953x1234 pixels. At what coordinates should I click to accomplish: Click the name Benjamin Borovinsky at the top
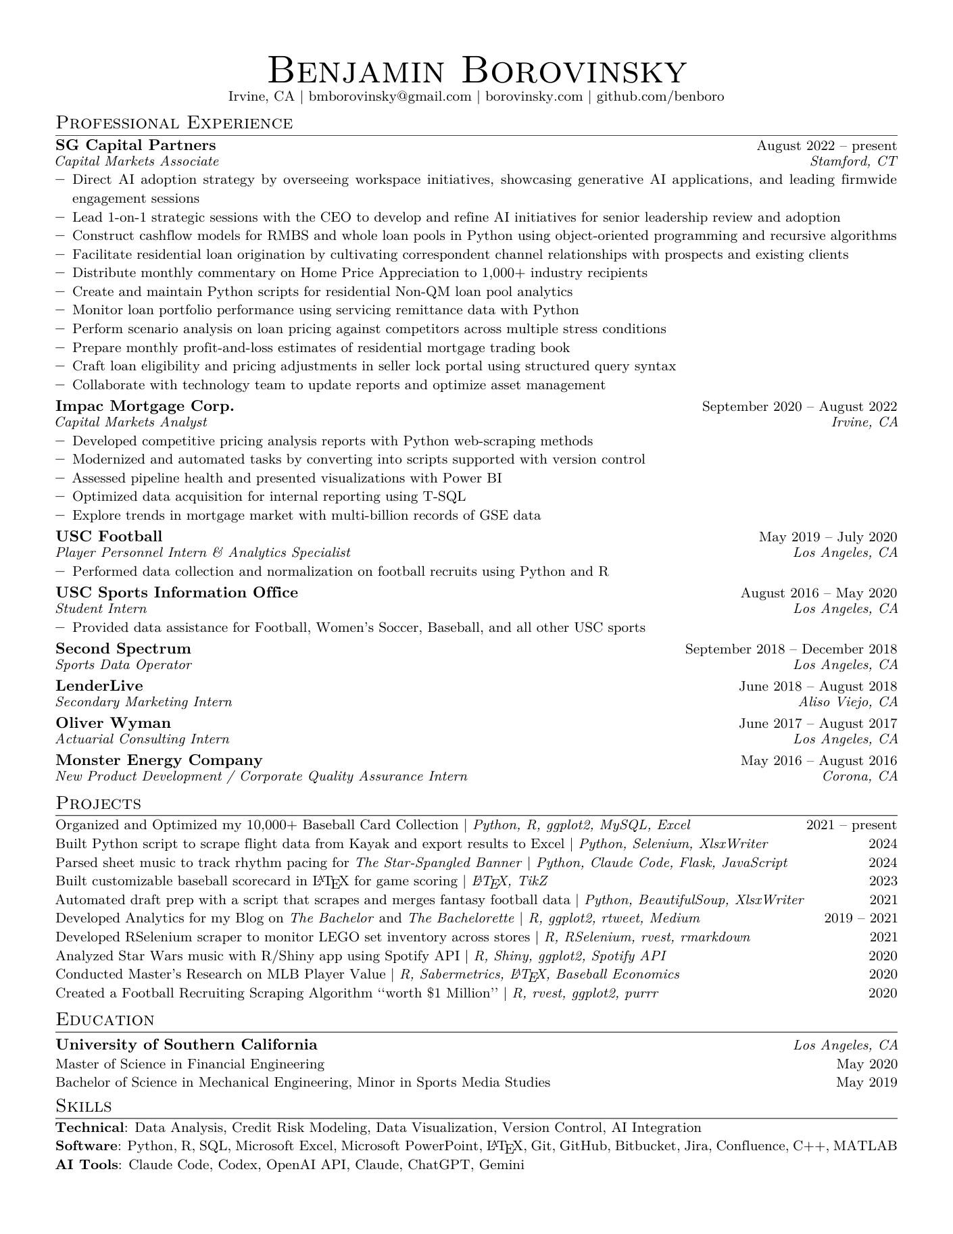point(476,70)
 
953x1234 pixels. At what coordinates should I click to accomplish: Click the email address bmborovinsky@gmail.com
point(390,97)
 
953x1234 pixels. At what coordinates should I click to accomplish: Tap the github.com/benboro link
point(660,97)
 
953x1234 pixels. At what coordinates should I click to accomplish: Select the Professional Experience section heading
point(174,123)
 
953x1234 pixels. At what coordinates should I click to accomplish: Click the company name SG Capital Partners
point(136,145)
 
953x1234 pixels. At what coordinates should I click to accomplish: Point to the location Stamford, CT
point(853,162)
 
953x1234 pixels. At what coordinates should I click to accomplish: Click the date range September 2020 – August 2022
point(800,407)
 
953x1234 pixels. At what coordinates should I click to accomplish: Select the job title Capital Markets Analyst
point(131,422)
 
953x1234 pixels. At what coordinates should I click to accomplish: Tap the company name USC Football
point(109,537)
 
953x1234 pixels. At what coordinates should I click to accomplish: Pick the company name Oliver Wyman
point(113,723)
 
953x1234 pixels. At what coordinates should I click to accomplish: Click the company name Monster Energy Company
point(159,760)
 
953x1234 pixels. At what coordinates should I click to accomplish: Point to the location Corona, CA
point(860,776)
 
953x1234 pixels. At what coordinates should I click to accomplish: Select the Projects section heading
point(98,804)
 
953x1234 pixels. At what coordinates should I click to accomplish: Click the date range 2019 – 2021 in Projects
point(860,918)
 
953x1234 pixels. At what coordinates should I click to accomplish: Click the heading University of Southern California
point(186,1045)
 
